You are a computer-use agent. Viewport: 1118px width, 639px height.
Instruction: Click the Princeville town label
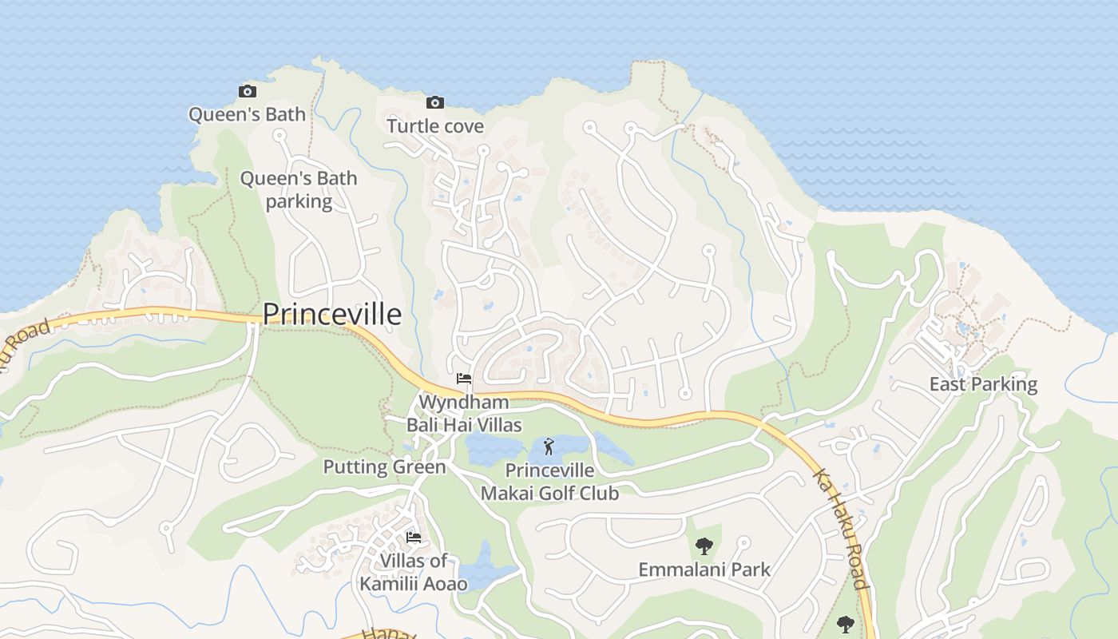[331, 314]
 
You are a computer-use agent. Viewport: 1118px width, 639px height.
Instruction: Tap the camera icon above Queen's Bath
[248, 92]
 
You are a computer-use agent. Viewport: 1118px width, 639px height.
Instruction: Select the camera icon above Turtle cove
[435, 102]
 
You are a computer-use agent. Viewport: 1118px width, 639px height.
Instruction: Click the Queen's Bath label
[247, 114]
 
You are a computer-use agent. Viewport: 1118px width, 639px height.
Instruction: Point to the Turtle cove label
[435, 126]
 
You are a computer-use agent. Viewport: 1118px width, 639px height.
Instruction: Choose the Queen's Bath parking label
[299, 189]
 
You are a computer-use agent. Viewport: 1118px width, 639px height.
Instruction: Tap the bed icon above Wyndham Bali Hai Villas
[463, 379]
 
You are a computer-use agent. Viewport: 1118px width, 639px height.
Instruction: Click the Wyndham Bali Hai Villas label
[465, 413]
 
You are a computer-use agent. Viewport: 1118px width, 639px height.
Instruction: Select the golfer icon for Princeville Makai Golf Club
[549, 447]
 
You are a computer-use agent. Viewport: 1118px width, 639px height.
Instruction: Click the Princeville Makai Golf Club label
[549, 482]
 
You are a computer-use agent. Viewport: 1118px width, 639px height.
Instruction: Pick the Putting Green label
[384, 466]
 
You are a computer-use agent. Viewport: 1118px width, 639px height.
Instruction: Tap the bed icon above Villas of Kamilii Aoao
[414, 538]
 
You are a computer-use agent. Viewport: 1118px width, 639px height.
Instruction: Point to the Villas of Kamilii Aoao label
[414, 572]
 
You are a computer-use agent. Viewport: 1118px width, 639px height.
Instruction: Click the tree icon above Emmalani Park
[704, 546]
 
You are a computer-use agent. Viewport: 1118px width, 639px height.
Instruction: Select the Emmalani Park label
[704, 570]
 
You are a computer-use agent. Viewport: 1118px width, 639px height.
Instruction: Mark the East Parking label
[983, 384]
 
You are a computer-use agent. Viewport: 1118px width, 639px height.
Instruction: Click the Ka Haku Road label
[840, 528]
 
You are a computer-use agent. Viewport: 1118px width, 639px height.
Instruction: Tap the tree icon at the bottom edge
[845, 624]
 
